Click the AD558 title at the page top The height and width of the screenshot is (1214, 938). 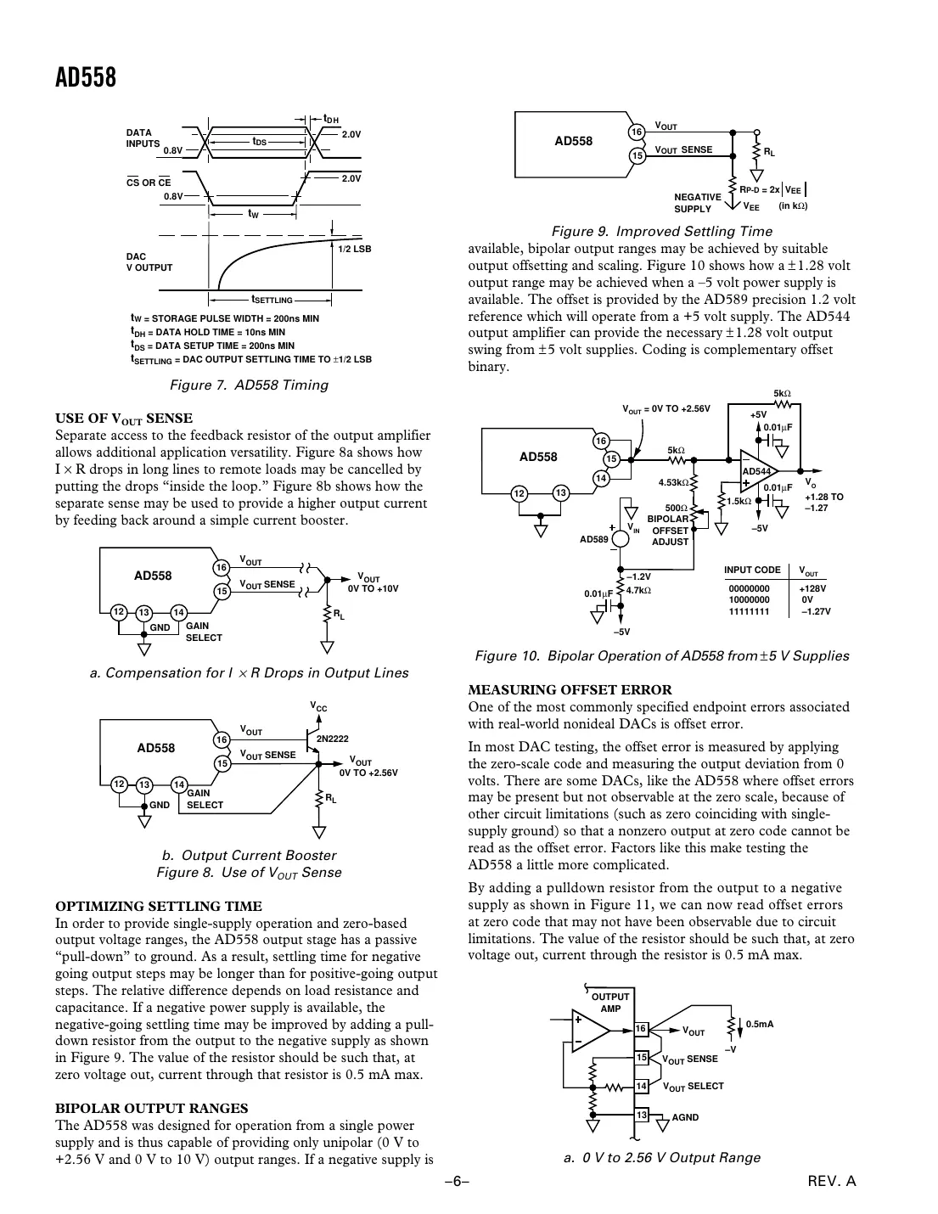pos(85,78)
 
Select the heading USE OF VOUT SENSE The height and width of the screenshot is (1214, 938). pos(124,419)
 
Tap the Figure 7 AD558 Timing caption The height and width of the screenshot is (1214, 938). pos(249,385)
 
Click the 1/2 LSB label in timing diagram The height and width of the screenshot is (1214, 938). pos(355,249)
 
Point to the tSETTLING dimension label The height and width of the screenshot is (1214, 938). pos(272,300)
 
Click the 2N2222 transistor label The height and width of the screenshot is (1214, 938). pos(332,739)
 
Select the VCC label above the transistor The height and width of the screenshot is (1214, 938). pos(318,707)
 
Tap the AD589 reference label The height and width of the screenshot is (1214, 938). pos(594,539)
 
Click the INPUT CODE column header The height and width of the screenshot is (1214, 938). pos(752,570)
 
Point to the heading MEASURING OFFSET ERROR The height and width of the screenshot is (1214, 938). pos(570,690)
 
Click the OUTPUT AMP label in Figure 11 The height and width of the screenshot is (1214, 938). pos(610,1003)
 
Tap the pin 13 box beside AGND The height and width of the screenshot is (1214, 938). pos(642,1115)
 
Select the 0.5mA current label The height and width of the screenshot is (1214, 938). pos(760,1024)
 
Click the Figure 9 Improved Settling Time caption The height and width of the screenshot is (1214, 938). pos(662,232)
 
